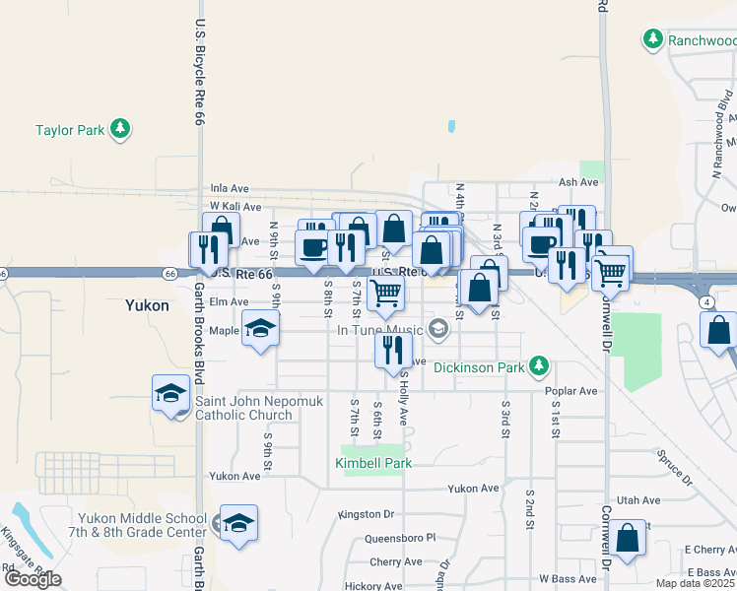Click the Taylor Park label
[x=69, y=129]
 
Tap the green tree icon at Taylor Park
[x=120, y=129]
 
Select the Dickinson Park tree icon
[x=538, y=367]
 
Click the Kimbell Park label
[x=372, y=462]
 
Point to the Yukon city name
[x=147, y=305]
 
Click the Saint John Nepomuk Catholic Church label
[x=243, y=408]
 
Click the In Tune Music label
[x=379, y=330]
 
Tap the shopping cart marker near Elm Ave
[x=385, y=291]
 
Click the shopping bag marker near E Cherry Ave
[x=627, y=538]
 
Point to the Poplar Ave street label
[x=570, y=391]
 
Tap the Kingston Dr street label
[x=366, y=514]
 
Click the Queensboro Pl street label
[x=399, y=539]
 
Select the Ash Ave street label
[x=578, y=182]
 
